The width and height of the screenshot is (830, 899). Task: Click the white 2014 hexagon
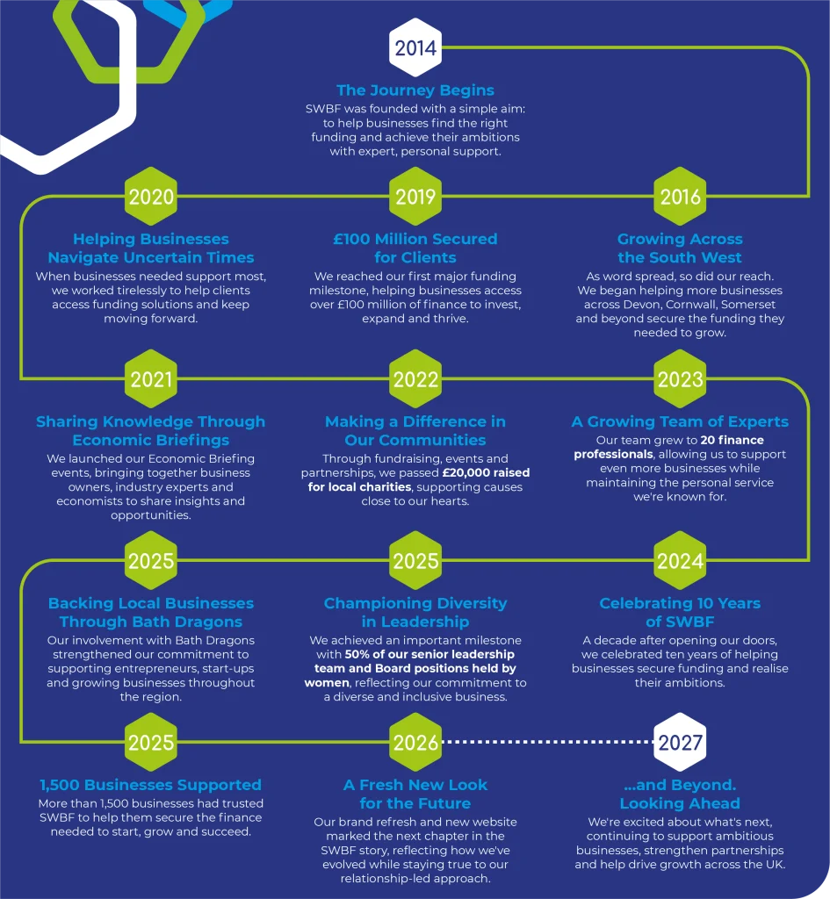point(415,47)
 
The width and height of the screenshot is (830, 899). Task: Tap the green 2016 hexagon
point(680,196)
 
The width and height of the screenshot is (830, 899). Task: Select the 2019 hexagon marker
point(415,196)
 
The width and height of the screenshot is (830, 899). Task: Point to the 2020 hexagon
point(151,196)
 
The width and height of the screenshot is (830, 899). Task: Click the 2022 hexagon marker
point(415,378)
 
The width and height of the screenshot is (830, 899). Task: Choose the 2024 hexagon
point(680,560)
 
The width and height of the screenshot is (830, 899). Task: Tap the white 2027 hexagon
point(680,742)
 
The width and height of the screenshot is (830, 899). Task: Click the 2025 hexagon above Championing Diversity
point(415,560)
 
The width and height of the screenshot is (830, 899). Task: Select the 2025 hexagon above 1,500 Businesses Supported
point(151,742)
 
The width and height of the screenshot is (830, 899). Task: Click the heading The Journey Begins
point(415,90)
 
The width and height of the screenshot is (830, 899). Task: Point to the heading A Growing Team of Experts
point(680,421)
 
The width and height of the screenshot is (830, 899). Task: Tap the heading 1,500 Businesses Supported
point(150,784)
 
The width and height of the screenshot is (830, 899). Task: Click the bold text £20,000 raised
point(486,472)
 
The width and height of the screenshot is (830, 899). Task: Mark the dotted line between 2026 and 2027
point(548,741)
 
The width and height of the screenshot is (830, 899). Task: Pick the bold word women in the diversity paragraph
point(327,682)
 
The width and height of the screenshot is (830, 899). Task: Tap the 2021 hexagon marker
point(151,378)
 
